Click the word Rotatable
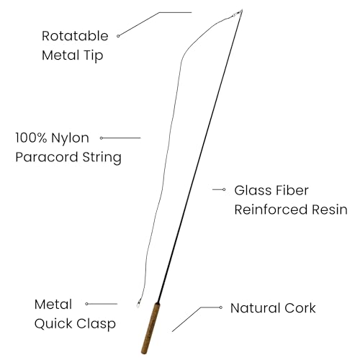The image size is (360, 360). pyautogui.click(x=75, y=36)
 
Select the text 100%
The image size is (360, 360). pyautogui.click(x=31, y=138)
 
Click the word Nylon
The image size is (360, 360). pyautogui.click(x=70, y=139)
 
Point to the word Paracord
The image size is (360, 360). pyautogui.click(x=47, y=157)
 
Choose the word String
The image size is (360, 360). pyautogui.click(x=102, y=158)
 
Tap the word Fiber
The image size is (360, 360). pyautogui.click(x=292, y=191)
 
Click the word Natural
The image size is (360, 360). pyautogui.click(x=255, y=308)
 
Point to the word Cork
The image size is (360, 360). pyautogui.click(x=300, y=308)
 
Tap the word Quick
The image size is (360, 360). pyautogui.click(x=53, y=324)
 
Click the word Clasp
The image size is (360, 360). pyautogui.click(x=96, y=324)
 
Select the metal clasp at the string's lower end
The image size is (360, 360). pyautogui.click(x=138, y=305)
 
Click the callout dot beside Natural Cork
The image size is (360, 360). pyautogui.click(x=221, y=307)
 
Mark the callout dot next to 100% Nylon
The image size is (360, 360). pyautogui.click(x=102, y=138)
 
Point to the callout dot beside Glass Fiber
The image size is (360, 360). pyautogui.click(x=224, y=189)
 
